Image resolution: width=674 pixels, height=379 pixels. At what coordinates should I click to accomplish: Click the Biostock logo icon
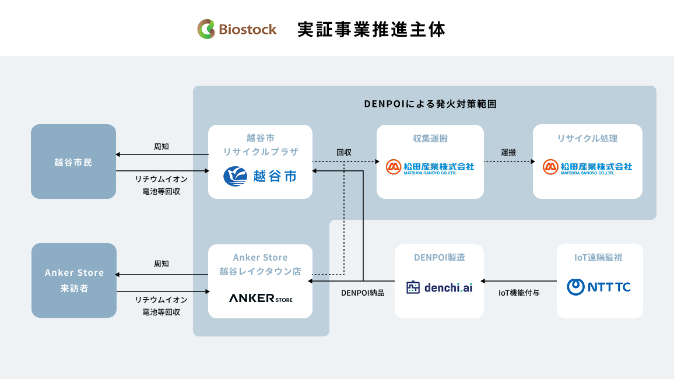pyautogui.click(x=206, y=29)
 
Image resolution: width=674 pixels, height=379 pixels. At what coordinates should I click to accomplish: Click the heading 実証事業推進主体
pyautogui.click(x=371, y=29)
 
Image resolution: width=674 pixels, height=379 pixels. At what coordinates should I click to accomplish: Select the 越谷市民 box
pyautogui.click(x=73, y=162)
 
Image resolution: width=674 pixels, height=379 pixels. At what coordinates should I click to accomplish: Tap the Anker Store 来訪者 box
pyautogui.click(x=74, y=280)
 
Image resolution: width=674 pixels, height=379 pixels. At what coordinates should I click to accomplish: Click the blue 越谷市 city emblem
pyautogui.click(x=235, y=176)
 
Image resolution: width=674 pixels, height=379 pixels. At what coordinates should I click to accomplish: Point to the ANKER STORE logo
pyautogui.click(x=261, y=298)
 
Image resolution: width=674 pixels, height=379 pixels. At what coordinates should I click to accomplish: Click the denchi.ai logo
pyautogui.click(x=439, y=287)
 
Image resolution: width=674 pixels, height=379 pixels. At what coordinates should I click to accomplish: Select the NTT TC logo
pyautogui.click(x=599, y=287)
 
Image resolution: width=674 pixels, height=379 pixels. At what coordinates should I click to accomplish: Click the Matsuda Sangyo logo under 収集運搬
pyautogui.click(x=430, y=167)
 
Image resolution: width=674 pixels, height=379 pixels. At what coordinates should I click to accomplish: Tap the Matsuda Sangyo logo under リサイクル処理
pyautogui.click(x=587, y=167)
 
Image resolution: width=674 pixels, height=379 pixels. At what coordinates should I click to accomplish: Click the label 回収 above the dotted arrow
pyautogui.click(x=344, y=152)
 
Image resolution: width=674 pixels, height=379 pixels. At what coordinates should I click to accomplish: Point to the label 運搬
pyautogui.click(x=508, y=152)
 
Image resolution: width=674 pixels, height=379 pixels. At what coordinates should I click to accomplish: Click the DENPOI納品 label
pyautogui.click(x=363, y=293)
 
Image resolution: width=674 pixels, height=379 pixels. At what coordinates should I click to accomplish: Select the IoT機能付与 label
pyautogui.click(x=519, y=293)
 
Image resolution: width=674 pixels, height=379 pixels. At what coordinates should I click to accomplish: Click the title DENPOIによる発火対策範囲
pyautogui.click(x=430, y=104)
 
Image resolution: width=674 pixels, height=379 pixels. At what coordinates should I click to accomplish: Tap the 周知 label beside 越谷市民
pyautogui.click(x=161, y=146)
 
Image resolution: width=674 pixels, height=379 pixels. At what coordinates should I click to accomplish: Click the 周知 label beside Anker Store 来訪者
pyautogui.click(x=161, y=264)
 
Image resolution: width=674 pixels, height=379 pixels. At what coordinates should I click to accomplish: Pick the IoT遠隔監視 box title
pyautogui.click(x=598, y=257)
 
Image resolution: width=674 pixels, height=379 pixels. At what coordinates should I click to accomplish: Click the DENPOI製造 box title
pyautogui.click(x=439, y=257)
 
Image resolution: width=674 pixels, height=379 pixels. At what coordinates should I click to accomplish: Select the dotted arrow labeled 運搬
pyautogui.click(x=510, y=162)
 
